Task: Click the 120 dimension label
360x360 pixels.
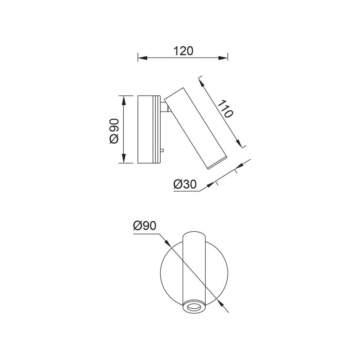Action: [x=183, y=51]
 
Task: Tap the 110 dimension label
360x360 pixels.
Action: [x=225, y=109]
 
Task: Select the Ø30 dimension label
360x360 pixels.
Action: [x=185, y=184]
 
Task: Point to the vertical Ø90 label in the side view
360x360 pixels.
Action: [x=114, y=131]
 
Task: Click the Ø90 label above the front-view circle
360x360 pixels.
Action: [x=144, y=225]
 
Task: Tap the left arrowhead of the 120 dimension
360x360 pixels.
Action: [x=142, y=58]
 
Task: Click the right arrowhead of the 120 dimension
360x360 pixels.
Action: [x=223, y=58]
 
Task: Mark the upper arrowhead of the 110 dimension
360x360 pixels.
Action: [x=202, y=83]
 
